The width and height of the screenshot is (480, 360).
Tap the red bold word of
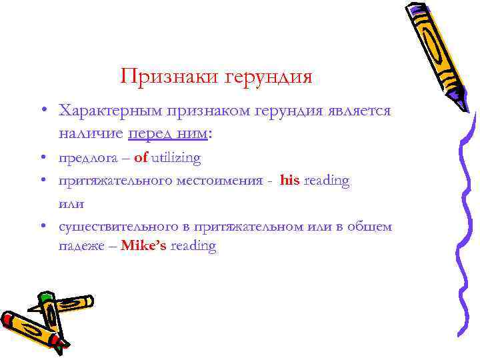coord(141,158)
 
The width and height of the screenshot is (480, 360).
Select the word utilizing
coord(176,158)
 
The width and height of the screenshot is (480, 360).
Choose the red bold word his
coord(290,181)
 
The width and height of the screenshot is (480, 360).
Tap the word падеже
coord(81,247)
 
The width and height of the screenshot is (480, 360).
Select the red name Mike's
coord(144,246)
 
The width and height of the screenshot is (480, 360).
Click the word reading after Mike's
coord(193,247)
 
